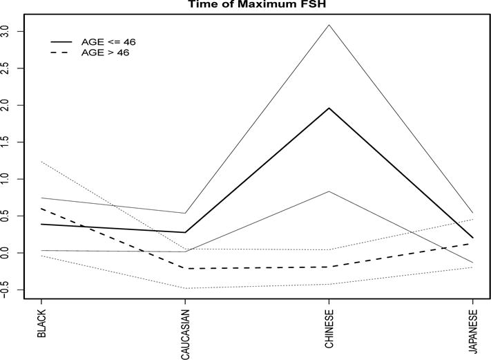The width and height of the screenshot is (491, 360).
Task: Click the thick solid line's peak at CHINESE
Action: pos(329,108)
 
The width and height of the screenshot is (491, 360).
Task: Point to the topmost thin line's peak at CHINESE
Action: pos(329,25)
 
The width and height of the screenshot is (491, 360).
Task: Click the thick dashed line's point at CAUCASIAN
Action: pos(185,268)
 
